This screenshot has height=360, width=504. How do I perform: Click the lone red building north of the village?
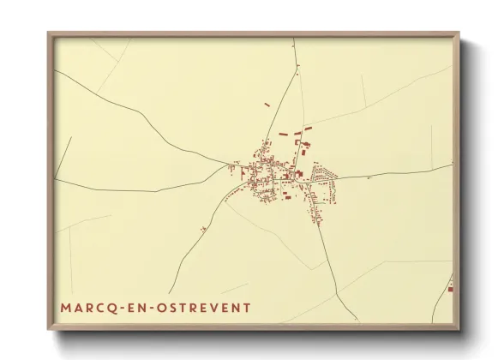click(x=267, y=105)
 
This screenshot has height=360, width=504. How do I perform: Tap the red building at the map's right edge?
click(x=450, y=289)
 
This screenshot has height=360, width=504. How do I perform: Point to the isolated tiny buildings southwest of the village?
click(x=203, y=229)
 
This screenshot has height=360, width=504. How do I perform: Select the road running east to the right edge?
click(x=403, y=172)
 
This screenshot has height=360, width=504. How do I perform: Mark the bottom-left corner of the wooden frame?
click(x=49, y=328)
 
